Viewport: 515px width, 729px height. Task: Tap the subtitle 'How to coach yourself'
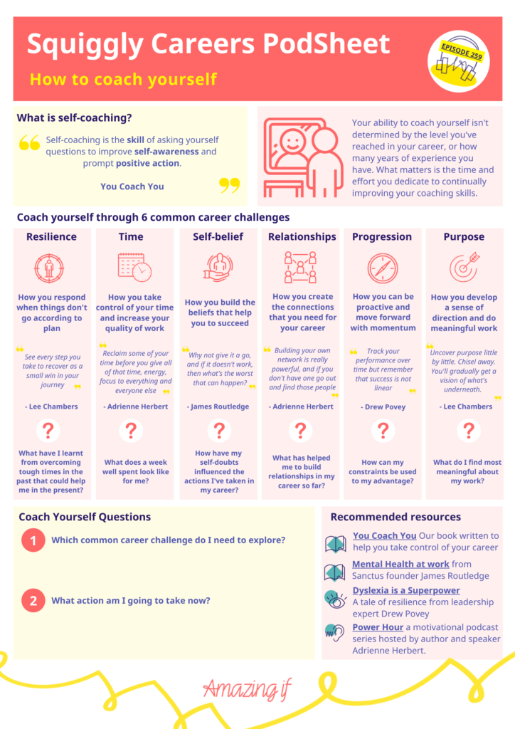(x=123, y=80)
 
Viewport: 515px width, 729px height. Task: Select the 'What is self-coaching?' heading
(x=74, y=117)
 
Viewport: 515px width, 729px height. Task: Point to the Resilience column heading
(x=51, y=236)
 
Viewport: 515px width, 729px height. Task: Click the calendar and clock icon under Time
(x=134, y=268)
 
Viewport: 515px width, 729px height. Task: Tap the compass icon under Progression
(x=383, y=268)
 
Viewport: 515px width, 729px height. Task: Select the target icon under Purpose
(x=464, y=267)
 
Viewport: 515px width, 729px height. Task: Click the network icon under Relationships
(x=300, y=268)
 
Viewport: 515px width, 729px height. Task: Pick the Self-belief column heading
(x=218, y=236)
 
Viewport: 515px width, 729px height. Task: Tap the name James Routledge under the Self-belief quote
(x=218, y=407)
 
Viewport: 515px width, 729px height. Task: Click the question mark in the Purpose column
(x=469, y=431)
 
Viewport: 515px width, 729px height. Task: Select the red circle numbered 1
(x=33, y=540)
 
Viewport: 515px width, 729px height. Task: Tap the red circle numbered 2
(x=33, y=600)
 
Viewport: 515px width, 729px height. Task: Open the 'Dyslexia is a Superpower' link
(x=406, y=590)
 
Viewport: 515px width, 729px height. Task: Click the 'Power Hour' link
(x=378, y=627)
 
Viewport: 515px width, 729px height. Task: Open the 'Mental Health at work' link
(x=400, y=564)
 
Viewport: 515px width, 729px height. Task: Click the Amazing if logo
(x=247, y=688)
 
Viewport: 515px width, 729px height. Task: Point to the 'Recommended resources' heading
(x=395, y=517)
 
